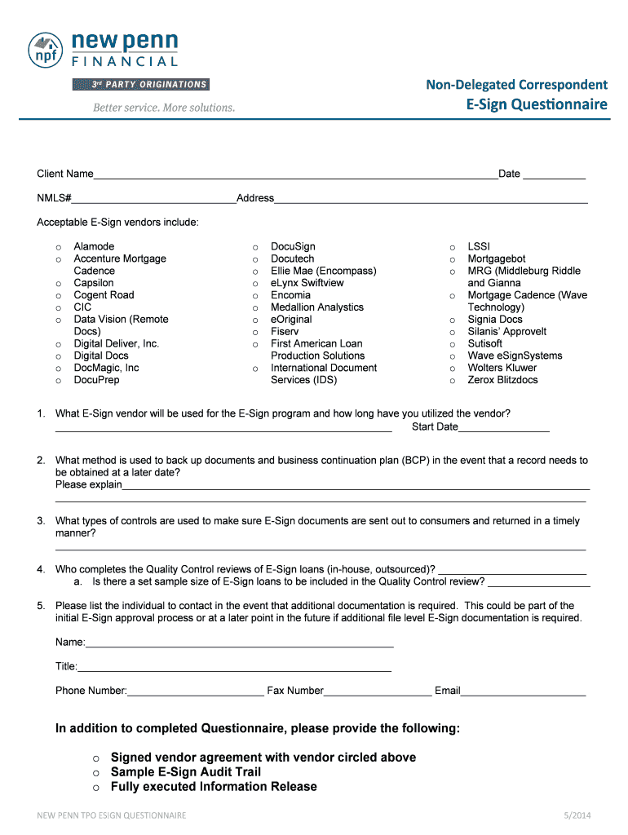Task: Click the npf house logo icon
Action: click(46, 51)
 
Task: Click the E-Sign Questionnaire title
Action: click(537, 104)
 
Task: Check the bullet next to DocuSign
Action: click(255, 247)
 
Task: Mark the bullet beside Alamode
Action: click(58, 247)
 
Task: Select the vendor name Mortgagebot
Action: click(496, 258)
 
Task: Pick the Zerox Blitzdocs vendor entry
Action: click(502, 380)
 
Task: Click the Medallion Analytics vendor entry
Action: click(317, 307)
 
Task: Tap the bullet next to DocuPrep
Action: click(58, 381)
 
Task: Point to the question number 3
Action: click(41, 521)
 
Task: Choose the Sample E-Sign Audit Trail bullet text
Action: click(186, 772)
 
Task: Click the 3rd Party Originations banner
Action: click(140, 85)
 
